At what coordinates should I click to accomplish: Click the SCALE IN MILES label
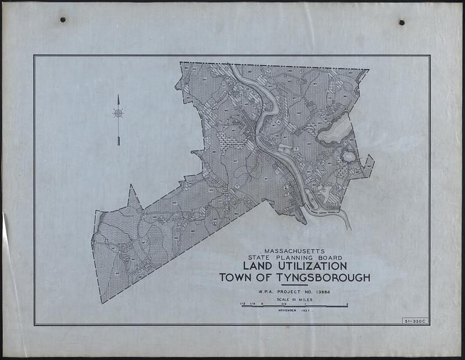294,300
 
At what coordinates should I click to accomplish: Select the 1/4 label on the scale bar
253,303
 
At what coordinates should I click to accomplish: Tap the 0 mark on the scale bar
262,303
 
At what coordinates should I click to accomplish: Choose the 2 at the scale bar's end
346,303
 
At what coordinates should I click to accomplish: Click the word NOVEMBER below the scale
287,311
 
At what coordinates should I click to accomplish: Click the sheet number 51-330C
414,321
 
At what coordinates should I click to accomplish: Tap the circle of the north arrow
118,113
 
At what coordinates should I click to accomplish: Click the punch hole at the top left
62,20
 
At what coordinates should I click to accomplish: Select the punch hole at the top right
401,22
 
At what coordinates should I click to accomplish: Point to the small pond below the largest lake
349,156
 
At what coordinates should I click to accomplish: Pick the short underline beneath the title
294,285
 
